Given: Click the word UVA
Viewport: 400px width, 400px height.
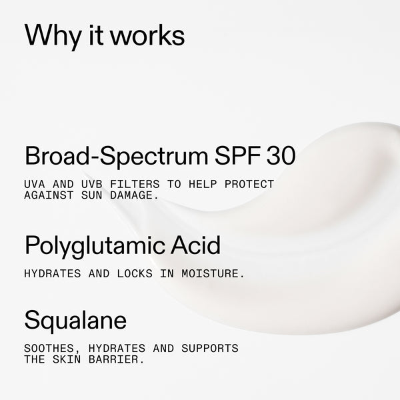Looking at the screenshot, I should [x=34, y=184].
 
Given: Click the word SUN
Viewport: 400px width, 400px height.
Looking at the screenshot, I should [x=87, y=195].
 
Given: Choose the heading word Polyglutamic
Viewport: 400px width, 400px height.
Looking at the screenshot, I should [x=92, y=246].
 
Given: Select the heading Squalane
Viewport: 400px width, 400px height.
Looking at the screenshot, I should [x=75, y=321].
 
